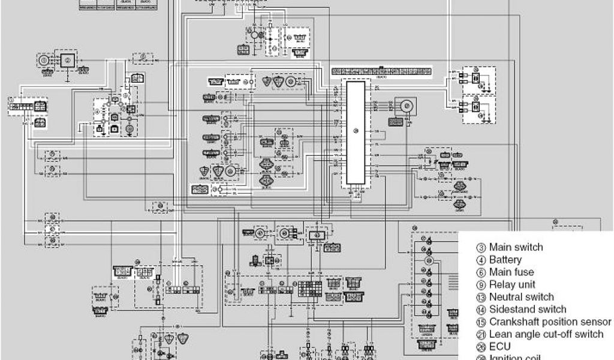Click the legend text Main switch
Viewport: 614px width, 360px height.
(516, 247)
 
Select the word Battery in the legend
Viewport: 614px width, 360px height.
(505, 260)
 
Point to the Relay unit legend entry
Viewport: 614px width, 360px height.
(512, 284)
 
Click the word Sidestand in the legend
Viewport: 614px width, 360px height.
(511, 310)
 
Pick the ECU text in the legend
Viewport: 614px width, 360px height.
(500, 347)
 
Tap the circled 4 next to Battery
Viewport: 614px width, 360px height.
(481, 260)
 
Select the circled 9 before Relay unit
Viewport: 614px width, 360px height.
(481, 285)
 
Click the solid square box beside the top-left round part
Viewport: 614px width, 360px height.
(68, 61)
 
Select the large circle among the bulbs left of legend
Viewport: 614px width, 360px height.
(429, 262)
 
